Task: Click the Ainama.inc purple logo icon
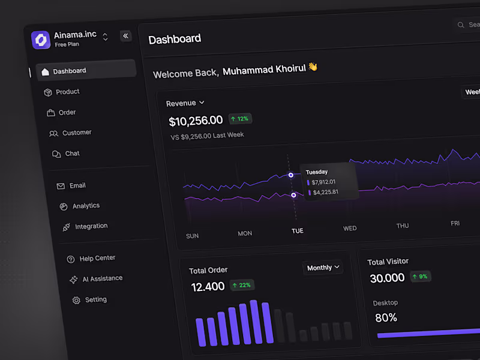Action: (41, 40)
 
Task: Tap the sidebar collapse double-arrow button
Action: (125, 36)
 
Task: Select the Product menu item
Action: (67, 92)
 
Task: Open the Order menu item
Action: (67, 112)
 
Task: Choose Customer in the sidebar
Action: (76, 133)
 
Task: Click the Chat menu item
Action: (72, 154)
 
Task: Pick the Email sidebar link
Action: (77, 185)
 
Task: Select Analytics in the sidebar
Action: (86, 206)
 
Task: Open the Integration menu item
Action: (91, 226)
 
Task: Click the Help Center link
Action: (97, 258)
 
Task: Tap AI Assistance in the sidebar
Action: (102, 278)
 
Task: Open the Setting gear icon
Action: (76, 300)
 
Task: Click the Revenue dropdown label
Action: (185, 103)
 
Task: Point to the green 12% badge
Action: (240, 119)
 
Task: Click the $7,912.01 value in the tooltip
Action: (323, 182)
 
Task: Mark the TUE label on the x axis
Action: (298, 231)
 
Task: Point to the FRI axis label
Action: (455, 223)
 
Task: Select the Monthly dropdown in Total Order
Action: (323, 268)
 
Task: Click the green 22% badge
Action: (242, 285)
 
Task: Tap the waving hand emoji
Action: (313, 67)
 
